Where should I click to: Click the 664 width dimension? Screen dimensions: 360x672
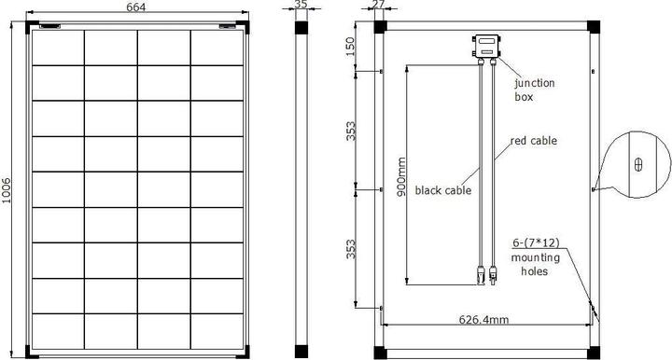138,8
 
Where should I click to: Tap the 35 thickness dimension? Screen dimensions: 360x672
300,6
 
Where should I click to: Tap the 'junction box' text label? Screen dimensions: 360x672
535,89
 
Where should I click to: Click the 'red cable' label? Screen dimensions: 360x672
533,142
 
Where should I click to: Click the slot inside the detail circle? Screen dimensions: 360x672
637,164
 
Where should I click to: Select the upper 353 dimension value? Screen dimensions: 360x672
351,131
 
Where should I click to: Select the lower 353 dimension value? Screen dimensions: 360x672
351,249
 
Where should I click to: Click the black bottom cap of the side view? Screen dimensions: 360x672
301,353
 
